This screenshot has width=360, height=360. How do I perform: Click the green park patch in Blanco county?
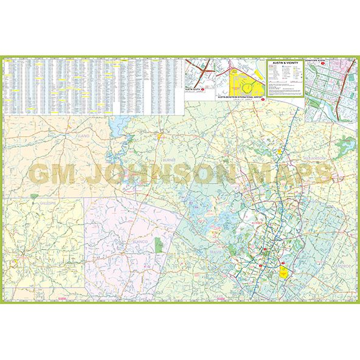(x=159, y=244)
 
